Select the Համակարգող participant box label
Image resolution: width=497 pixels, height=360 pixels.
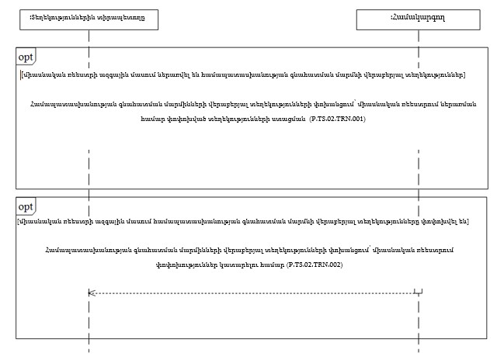420,16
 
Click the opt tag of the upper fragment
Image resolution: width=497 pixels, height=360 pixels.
26,59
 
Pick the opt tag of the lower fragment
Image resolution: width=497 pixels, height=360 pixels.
26,206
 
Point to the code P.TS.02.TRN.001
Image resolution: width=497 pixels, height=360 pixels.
337,119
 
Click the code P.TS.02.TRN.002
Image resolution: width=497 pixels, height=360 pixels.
315,265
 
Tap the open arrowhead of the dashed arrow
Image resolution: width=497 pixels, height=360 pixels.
92,292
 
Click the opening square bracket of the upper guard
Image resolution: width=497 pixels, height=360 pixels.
21,74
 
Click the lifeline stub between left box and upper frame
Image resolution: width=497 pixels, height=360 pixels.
89,39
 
